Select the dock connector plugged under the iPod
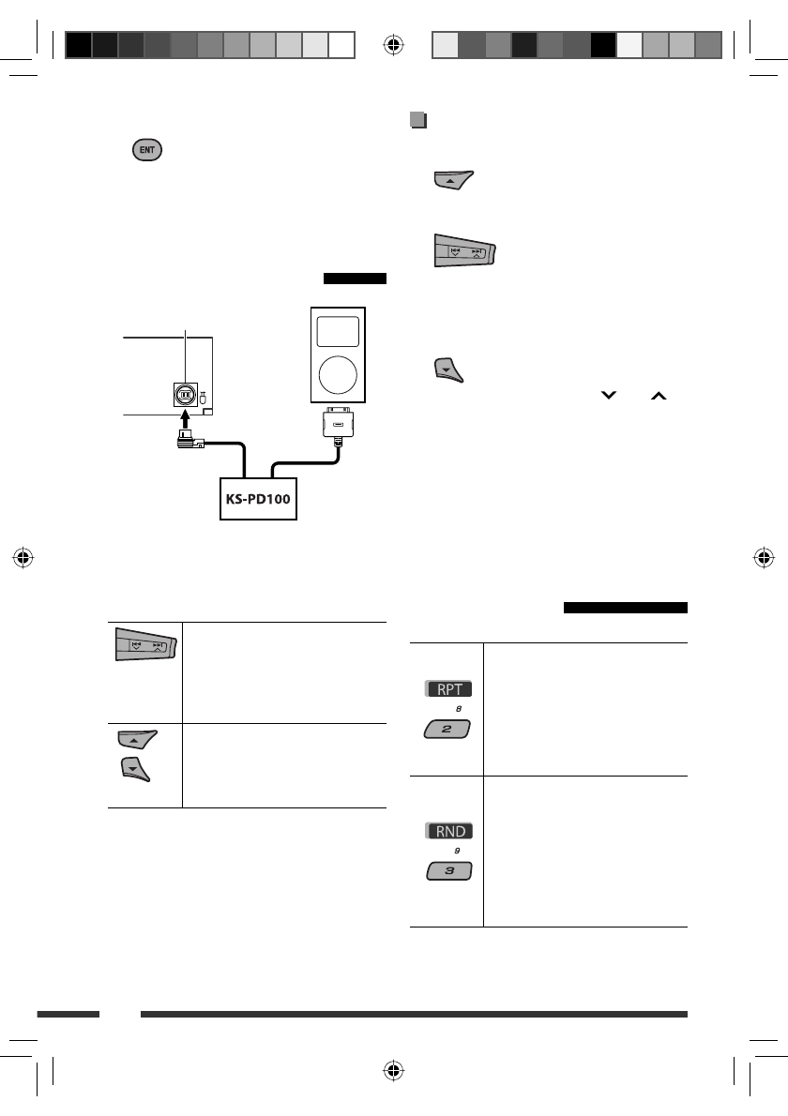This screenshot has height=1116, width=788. tap(338, 428)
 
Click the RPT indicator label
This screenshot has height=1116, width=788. tap(447, 689)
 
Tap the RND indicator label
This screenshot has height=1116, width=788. tap(447, 830)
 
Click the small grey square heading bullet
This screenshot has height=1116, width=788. tap(417, 120)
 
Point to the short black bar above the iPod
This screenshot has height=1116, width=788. tap(355, 278)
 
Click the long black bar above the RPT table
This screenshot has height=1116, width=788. tap(626, 607)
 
